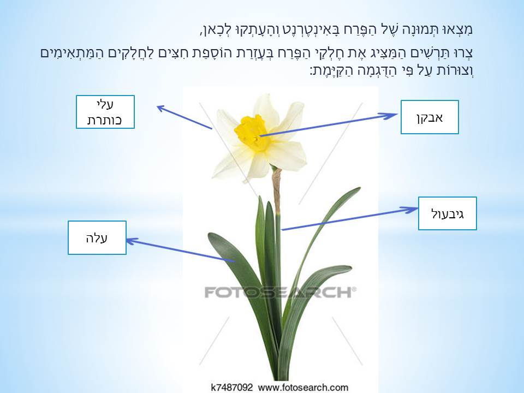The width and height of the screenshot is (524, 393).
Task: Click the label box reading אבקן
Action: (x=430, y=117)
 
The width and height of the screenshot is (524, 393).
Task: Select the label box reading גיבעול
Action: (x=448, y=213)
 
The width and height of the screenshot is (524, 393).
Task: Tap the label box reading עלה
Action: (x=97, y=237)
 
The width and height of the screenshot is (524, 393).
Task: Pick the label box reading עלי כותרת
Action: (x=105, y=112)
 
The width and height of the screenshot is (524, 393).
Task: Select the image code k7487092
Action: (x=231, y=388)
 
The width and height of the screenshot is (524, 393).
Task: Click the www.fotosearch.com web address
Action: (x=302, y=388)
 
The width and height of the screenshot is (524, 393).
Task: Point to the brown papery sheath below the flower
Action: (x=277, y=188)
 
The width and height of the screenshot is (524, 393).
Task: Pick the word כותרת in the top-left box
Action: (x=105, y=120)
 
